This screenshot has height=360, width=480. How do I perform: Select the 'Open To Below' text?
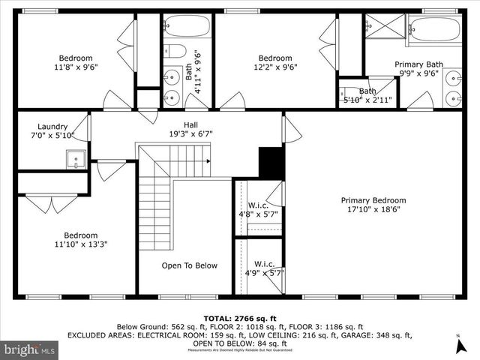[x=190, y=265]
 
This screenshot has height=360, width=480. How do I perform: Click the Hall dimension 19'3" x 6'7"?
[x=190, y=134]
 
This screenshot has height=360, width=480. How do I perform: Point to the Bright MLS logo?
[x=29, y=349]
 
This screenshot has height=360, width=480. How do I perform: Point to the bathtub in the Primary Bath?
[x=435, y=31]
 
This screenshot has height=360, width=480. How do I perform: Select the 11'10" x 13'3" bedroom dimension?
[x=80, y=243]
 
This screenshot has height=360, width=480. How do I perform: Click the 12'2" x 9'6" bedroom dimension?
[x=275, y=67]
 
